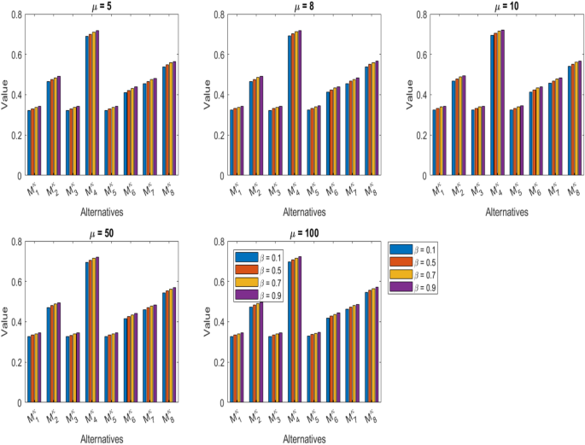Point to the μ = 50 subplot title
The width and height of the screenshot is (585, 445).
coord(106,233)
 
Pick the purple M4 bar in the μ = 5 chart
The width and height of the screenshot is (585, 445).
coord(97,102)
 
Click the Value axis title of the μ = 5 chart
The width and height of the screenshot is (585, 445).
coord(6,95)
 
